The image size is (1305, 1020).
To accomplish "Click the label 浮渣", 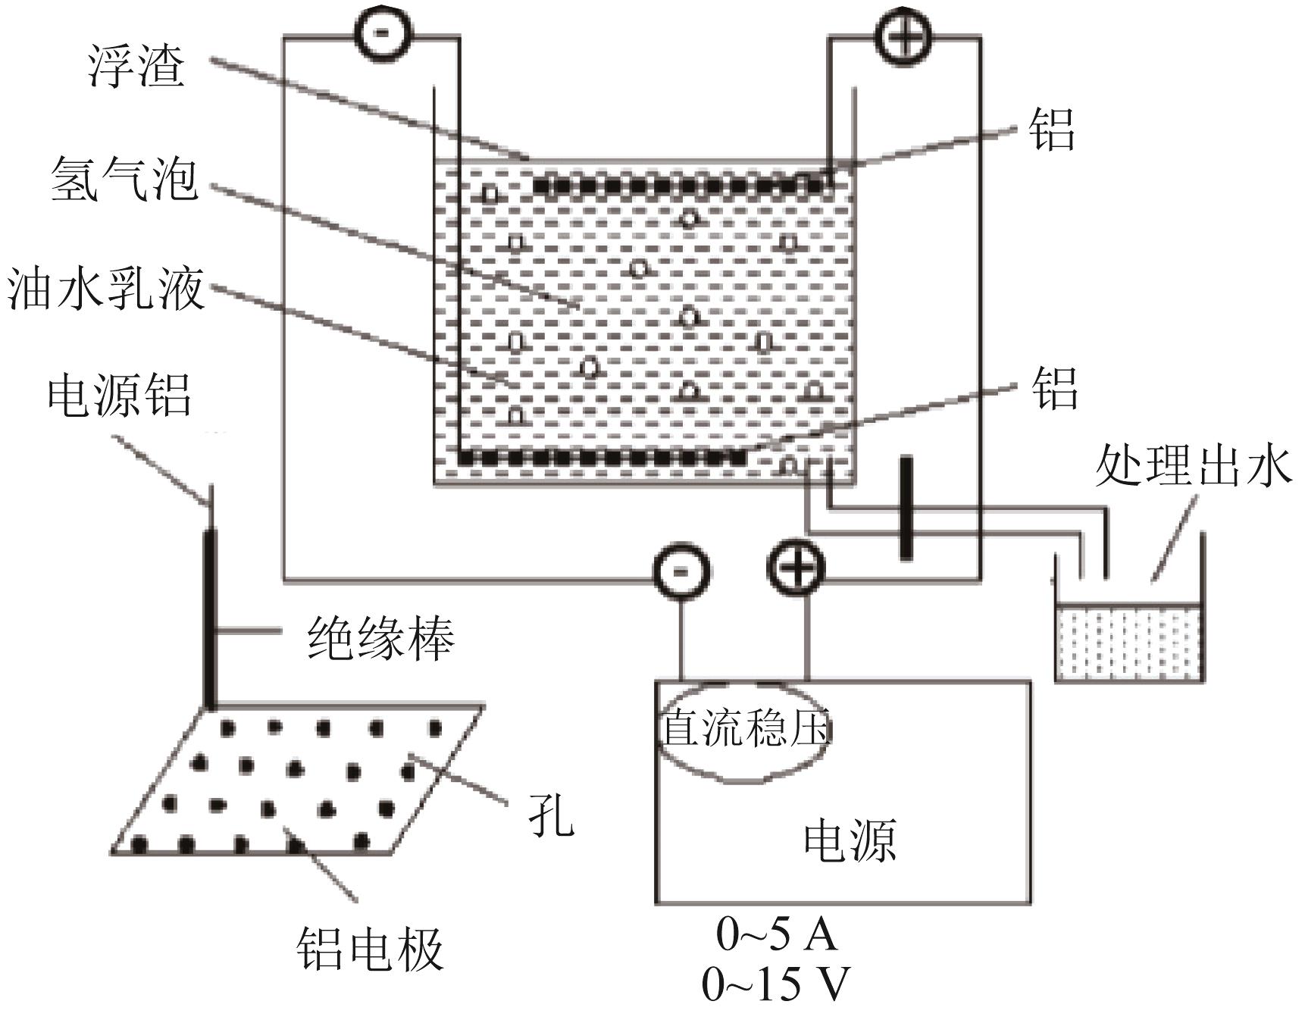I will (x=137, y=66).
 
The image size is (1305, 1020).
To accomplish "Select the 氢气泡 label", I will (x=124, y=180).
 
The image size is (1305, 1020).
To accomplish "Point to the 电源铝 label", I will (x=119, y=396).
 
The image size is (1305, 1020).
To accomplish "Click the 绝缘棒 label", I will (x=380, y=638).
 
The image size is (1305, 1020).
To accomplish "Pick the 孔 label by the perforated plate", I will (x=551, y=817).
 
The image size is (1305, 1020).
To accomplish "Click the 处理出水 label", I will (x=1193, y=465).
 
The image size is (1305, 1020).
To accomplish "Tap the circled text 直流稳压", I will (x=746, y=729).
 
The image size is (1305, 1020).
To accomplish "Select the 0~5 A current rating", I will (x=777, y=934).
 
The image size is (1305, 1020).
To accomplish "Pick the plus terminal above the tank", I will (x=903, y=35).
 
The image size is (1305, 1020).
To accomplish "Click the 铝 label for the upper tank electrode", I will (x=1051, y=129).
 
